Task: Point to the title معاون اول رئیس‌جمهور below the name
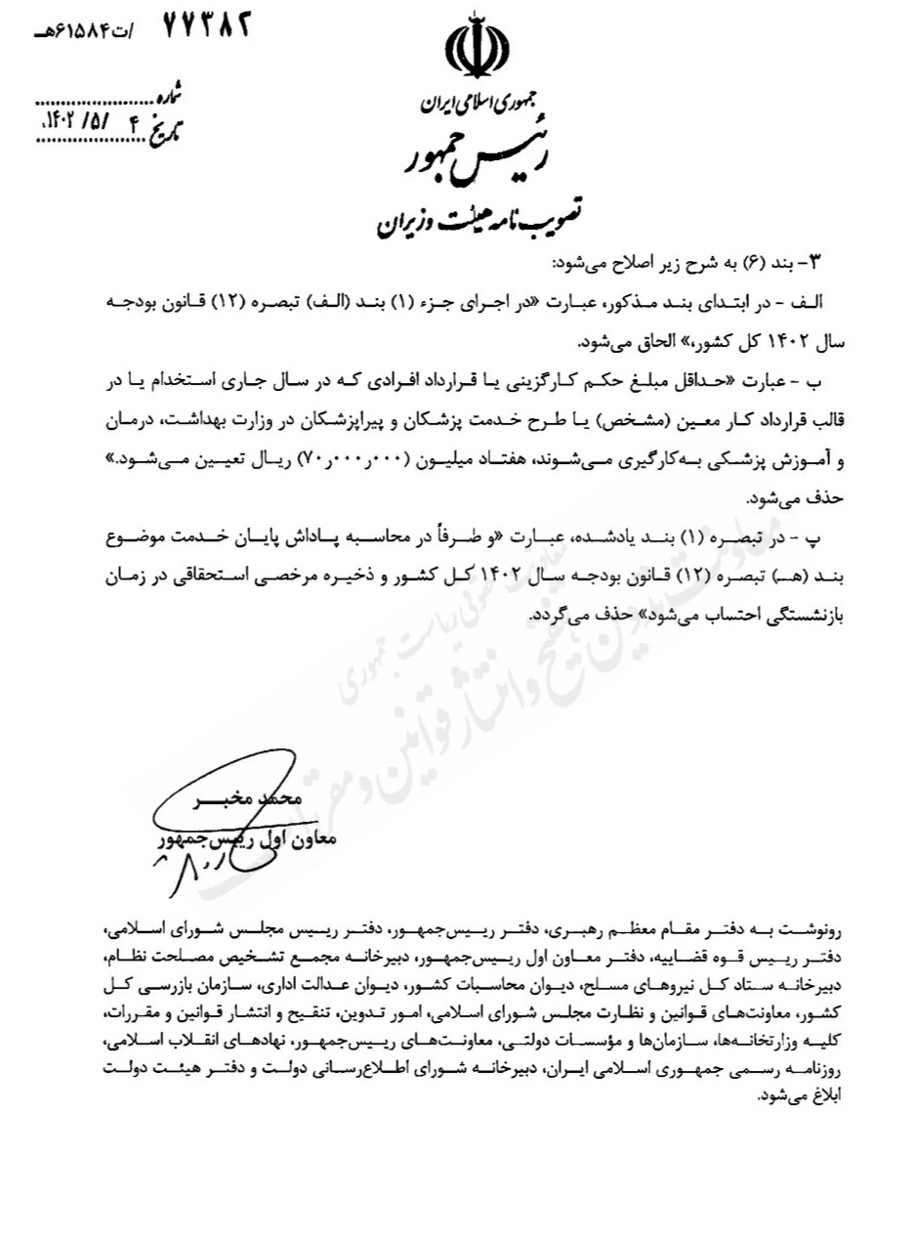coord(245,837)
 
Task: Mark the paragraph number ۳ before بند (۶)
coord(819,261)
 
